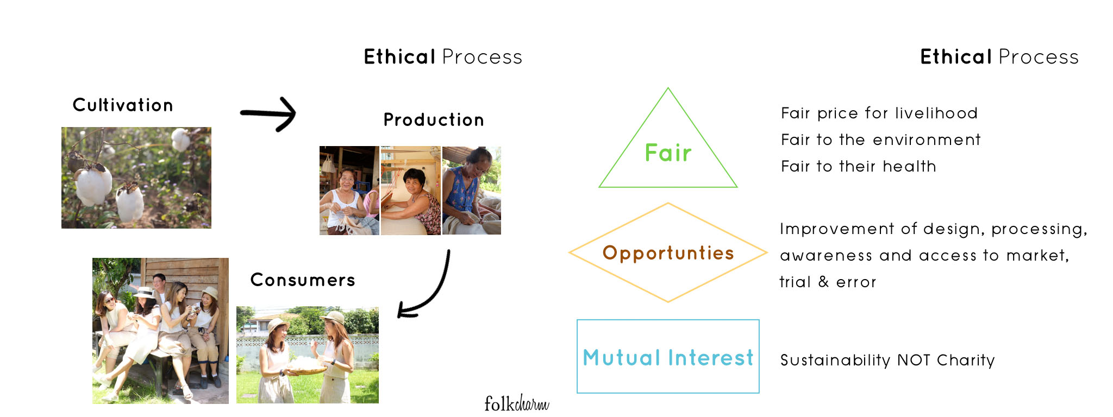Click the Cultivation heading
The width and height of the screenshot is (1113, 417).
tap(123, 105)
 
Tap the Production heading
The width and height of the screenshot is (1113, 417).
tap(434, 119)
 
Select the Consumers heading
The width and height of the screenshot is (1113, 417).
tap(303, 280)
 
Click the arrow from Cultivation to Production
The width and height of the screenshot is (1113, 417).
tap(268, 113)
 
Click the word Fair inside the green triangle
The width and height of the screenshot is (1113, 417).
tap(668, 153)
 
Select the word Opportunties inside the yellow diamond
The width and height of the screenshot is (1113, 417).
tap(668, 253)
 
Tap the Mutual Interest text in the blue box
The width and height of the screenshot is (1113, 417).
tap(668, 358)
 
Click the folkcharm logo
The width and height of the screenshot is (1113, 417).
tap(516, 403)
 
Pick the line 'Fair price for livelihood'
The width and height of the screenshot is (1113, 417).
tap(879, 113)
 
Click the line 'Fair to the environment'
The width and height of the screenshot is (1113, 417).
tap(881, 140)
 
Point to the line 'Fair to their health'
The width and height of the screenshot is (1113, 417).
tap(859, 166)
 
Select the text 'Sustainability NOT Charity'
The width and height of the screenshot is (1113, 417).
tap(887, 360)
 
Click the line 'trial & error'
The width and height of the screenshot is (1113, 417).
tap(828, 282)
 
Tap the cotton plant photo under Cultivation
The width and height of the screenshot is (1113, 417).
tap(136, 178)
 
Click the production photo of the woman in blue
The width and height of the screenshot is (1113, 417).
tap(472, 190)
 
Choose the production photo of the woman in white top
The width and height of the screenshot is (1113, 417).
tap(349, 190)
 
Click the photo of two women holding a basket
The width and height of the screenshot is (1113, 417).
tap(308, 355)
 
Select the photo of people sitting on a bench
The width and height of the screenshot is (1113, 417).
tap(160, 331)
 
